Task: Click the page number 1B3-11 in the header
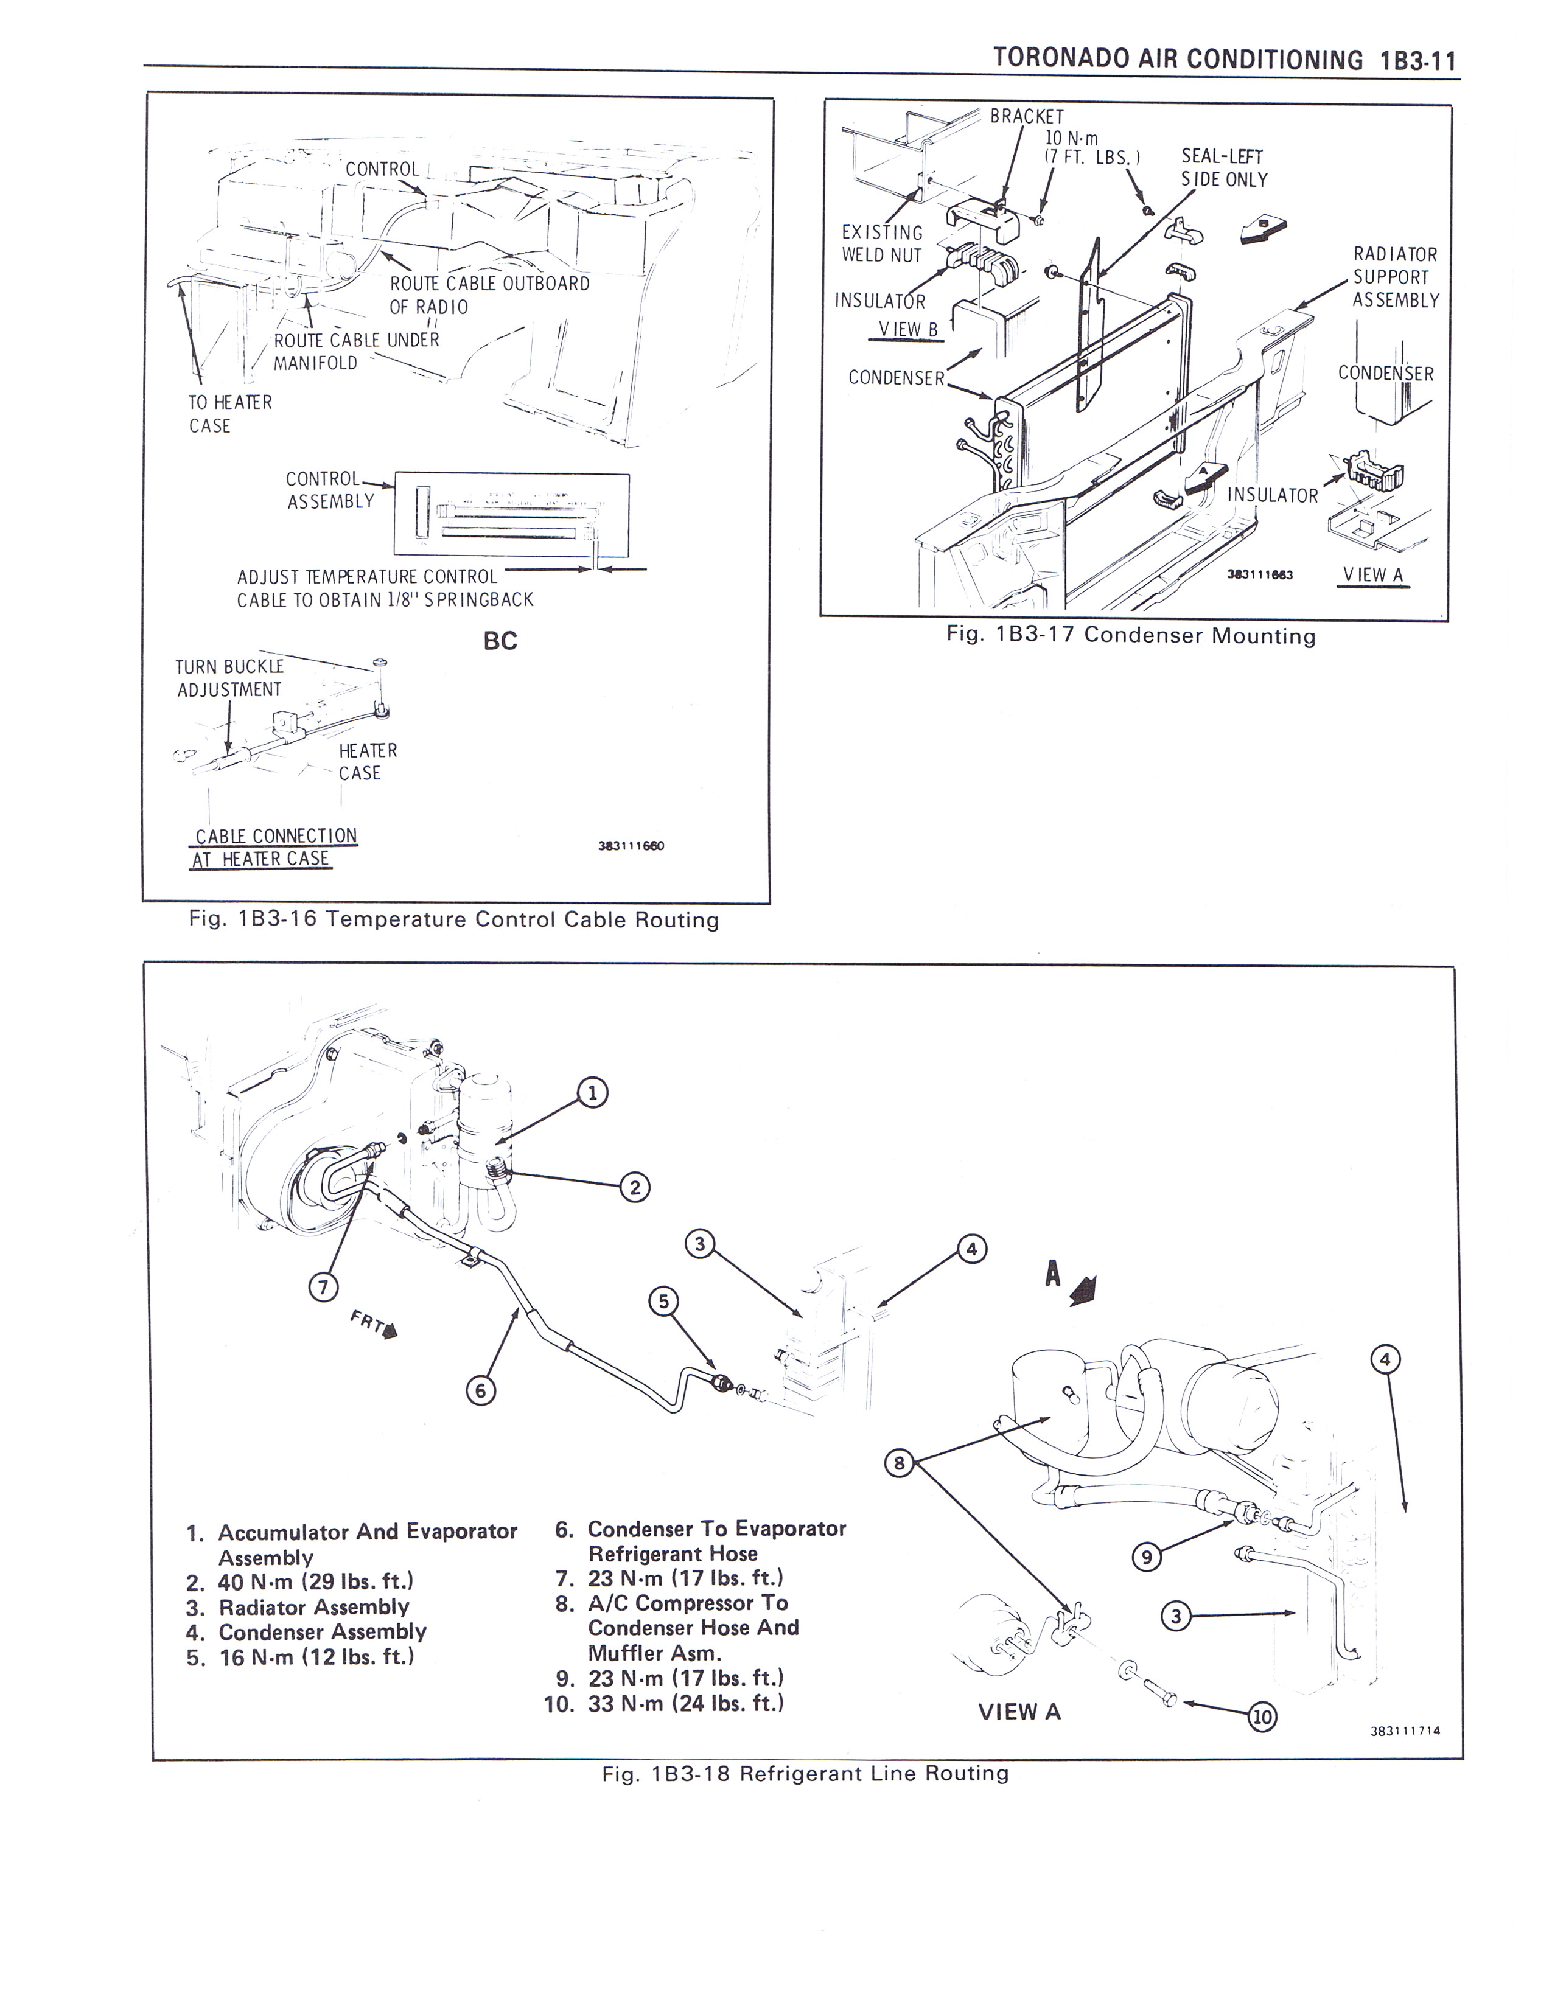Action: click(1417, 61)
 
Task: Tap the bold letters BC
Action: click(500, 641)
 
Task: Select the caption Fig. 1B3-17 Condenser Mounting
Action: click(1131, 635)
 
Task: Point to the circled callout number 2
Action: click(634, 1188)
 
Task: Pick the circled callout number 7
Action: click(322, 1287)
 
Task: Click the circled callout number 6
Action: click(479, 1391)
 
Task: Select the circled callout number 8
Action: click(898, 1463)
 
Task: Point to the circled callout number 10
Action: click(1262, 1716)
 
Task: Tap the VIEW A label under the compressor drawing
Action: click(1019, 1712)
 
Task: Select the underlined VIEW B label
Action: click(907, 330)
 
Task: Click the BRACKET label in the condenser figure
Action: click(1027, 117)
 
